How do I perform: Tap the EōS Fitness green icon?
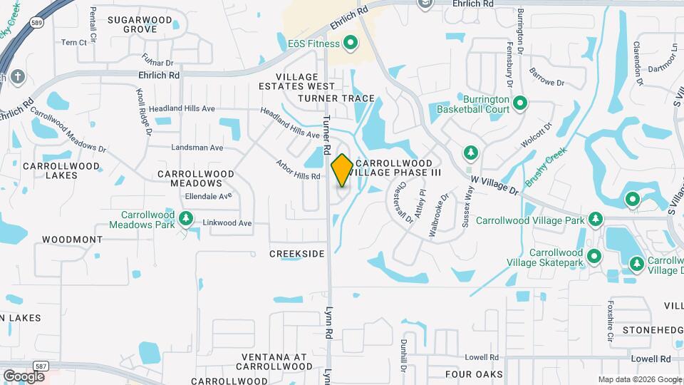(x=351, y=44)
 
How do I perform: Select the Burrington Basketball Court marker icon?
(x=520, y=104)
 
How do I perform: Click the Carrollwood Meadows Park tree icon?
(x=186, y=217)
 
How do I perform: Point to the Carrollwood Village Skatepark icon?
(x=594, y=257)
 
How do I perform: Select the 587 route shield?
(x=41, y=366)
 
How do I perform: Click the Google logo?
(x=24, y=376)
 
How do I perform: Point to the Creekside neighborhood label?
(x=297, y=254)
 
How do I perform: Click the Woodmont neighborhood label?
(x=72, y=240)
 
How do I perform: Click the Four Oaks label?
(x=474, y=374)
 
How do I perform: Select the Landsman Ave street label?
(x=197, y=148)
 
